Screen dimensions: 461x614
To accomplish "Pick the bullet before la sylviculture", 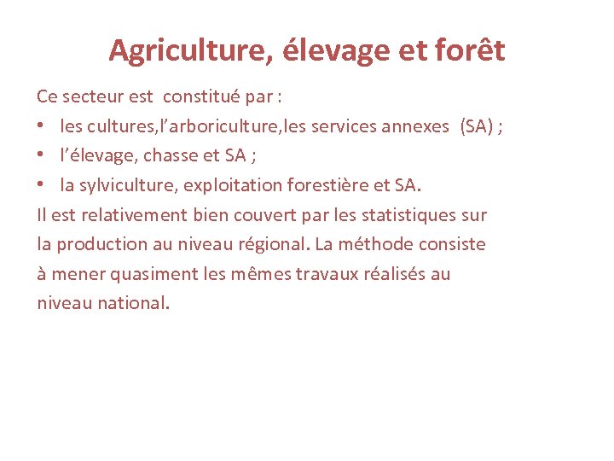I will click(x=42, y=185).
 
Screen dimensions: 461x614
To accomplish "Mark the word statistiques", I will click(x=403, y=214).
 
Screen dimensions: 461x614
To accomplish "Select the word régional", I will click(x=271, y=244).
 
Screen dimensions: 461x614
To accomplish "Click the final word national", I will click(x=133, y=303).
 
